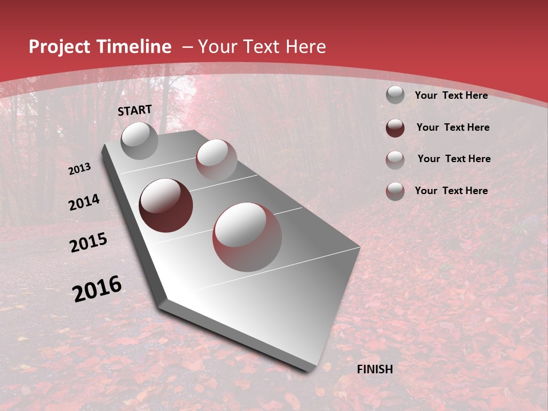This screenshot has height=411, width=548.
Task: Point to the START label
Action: coord(135,110)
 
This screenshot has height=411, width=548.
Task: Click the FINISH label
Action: coord(375,369)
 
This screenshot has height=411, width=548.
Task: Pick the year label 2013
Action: coord(79,169)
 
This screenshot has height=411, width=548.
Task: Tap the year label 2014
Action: coord(84,203)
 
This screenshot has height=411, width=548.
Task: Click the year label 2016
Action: coord(97,289)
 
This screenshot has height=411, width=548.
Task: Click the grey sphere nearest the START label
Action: coord(140,140)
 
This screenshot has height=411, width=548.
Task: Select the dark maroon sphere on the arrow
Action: coord(166,205)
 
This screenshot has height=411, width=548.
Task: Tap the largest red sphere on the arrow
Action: coord(247,237)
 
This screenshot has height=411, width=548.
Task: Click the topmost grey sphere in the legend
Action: coord(395,95)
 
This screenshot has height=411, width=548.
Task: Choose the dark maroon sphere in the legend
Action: coord(395,127)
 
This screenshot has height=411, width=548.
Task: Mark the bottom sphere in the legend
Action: coord(395,191)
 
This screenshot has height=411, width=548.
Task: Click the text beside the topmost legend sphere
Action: coord(451,95)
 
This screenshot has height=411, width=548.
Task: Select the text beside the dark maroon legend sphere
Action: coord(453,127)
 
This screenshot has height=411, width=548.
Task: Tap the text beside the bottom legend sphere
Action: coord(451,191)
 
